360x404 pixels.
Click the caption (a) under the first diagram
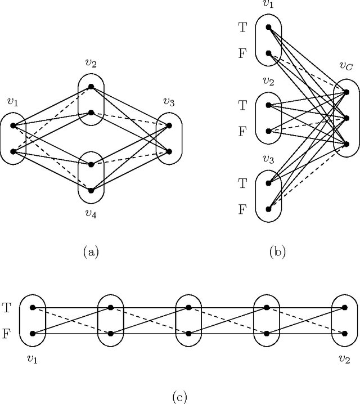[x=91, y=253]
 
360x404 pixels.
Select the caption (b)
[x=278, y=253]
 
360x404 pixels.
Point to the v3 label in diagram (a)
[x=169, y=102]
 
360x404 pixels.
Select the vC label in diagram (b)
[x=345, y=67]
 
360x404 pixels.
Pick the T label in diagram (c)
[x=6, y=308]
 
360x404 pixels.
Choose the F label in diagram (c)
[x=6, y=333]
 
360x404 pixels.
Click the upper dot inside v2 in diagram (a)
[x=91, y=87]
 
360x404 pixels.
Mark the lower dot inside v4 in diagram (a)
[x=91, y=189]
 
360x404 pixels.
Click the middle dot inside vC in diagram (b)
[x=346, y=118]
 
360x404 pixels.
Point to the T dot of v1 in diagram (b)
[x=269, y=27]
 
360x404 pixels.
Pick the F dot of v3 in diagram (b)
[x=269, y=209]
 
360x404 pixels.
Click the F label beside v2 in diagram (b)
[x=242, y=131]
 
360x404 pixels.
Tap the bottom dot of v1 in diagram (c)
[x=33, y=333]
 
